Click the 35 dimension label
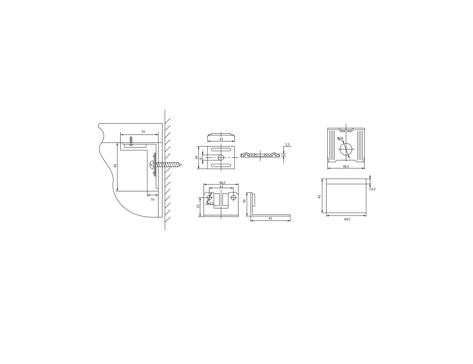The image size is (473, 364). tap(143, 132)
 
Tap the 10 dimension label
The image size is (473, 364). tap(152, 199)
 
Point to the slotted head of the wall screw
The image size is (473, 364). tap(152, 164)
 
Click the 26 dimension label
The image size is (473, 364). tap(196, 157)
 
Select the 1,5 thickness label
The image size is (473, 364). tap(287, 145)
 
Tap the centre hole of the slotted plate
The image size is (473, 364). tap(221, 157)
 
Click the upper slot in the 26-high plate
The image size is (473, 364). tap(221, 150)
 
